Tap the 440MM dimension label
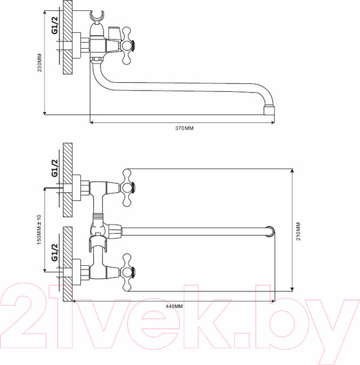pyautogui.click(x=174, y=307)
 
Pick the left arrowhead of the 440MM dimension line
pyautogui.click(x=75, y=300)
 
